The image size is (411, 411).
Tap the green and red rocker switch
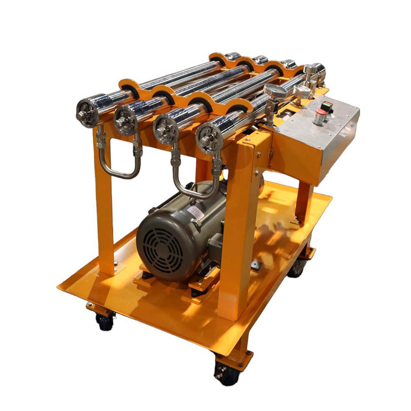point(326,106)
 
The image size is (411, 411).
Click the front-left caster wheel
point(104,321)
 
